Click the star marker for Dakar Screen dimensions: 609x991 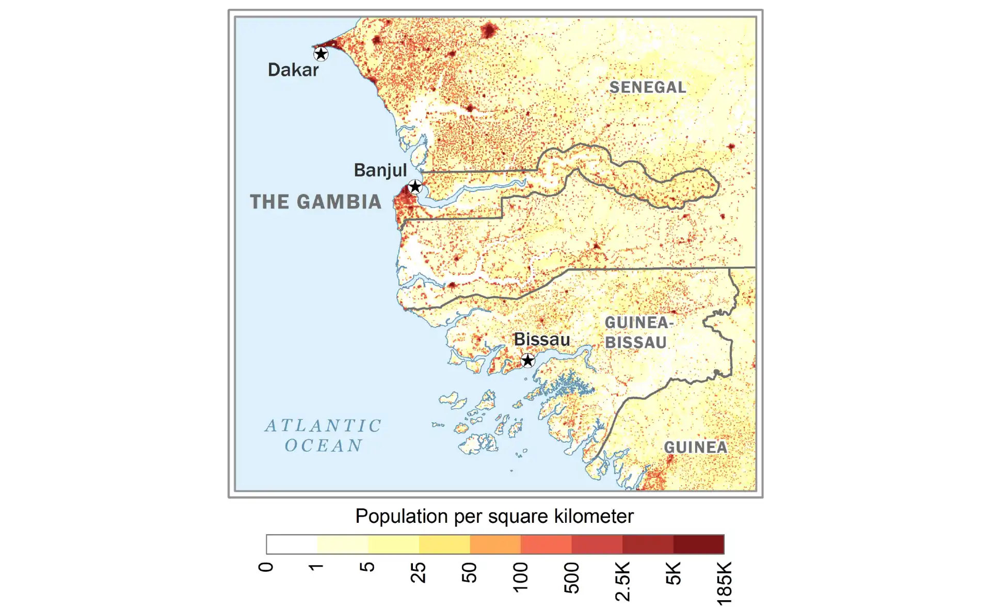pyautogui.click(x=321, y=54)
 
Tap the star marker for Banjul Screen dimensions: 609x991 pyautogui.click(x=415, y=186)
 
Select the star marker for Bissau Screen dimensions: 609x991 pyautogui.click(x=528, y=360)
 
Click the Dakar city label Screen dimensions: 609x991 pyautogui.click(x=293, y=70)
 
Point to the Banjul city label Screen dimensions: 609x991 pyautogui.click(x=380, y=170)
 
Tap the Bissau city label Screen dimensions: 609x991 pyautogui.click(x=541, y=340)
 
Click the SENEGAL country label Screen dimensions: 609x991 pyautogui.click(x=648, y=87)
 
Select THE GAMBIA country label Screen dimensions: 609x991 pyautogui.click(x=315, y=202)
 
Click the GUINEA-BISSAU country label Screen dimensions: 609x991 pyautogui.click(x=637, y=332)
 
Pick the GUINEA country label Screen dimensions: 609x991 pyautogui.click(x=695, y=447)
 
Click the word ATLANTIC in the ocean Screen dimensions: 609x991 pyautogui.click(x=323, y=426)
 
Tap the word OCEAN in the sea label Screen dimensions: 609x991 pyautogui.click(x=324, y=445)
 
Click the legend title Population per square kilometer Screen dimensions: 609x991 pyautogui.click(x=494, y=516)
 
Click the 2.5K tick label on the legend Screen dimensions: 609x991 pyautogui.click(x=622, y=581)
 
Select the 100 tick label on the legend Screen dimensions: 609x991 pyautogui.click(x=520, y=577)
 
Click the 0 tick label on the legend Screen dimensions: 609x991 pyautogui.click(x=265, y=567)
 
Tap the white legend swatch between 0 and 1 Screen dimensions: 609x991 pyautogui.click(x=292, y=544)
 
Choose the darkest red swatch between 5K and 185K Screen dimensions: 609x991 pyautogui.click(x=698, y=544)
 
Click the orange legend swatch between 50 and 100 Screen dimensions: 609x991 pyautogui.click(x=495, y=544)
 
